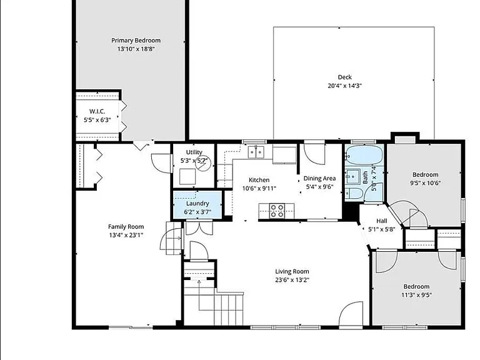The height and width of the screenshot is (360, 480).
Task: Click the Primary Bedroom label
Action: coord(136,41)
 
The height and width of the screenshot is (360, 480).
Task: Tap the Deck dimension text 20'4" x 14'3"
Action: coord(345,86)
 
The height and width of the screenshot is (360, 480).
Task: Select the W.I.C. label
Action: coord(97,111)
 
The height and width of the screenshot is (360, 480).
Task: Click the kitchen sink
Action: coord(256,152)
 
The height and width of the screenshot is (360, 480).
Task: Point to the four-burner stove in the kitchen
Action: coord(277,211)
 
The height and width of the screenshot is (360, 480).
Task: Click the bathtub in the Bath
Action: coord(364,154)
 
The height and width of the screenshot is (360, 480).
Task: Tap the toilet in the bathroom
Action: coord(354,193)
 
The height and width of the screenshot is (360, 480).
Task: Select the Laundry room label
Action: coord(197,204)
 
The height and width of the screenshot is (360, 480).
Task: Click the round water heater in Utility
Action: coord(204,164)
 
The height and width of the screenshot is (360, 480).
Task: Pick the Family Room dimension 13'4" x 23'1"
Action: coord(126,235)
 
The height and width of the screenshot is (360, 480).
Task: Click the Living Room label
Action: coord(292,271)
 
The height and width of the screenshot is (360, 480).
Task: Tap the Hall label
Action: coord(382,221)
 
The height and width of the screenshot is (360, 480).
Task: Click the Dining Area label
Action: coord(319,178)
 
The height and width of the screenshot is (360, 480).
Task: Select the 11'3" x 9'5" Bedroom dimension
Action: coord(417,295)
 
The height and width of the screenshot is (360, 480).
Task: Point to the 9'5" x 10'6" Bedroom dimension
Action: coord(426,183)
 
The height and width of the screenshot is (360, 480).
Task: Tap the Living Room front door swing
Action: coord(351,313)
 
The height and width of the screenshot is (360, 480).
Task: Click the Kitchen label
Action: coord(259,180)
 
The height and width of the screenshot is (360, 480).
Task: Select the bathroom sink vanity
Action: coord(354,176)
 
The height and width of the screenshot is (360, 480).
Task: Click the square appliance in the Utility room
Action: coord(187,177)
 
